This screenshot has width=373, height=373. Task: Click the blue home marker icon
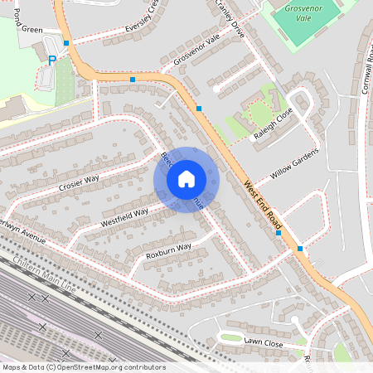pos(186,179)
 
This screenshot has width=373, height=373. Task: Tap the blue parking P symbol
pos(52,60)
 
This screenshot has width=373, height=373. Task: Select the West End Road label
pos(264,207)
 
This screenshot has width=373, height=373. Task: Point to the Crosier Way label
pos(79,182)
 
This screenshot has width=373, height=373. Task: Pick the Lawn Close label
pos(263,342)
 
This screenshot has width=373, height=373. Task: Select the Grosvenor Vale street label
pos(196,51)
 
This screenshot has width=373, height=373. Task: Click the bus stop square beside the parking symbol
pos(66,42)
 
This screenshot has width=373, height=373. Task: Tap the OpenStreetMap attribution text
pos(83,367)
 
